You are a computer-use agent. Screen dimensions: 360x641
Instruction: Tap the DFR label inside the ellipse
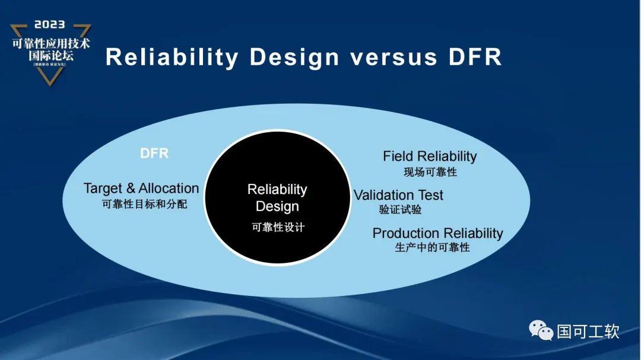pyautogui.click(x=154, y=153)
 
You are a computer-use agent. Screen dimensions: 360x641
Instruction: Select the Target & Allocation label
pyautogui.click(x=141, y=189)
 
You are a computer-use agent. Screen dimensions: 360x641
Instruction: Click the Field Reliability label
pyautogui.click(x=430, y=157)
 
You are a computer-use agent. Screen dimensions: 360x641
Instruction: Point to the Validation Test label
pyautogui.click(x=398, y=195)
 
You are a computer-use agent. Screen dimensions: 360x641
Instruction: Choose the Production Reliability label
pyautogui.click(x=437, y=233)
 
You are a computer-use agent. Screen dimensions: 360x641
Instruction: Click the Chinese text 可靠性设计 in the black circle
pyautogui.click(x=278, y=227)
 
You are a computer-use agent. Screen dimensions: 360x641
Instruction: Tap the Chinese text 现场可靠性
pyautogui.click(x=430, y=172)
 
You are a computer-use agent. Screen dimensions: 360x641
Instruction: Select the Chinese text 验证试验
pyautogui.click(x=401, y=209)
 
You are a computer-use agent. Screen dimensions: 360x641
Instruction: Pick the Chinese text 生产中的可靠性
pyautogui.click(x=432, y=247)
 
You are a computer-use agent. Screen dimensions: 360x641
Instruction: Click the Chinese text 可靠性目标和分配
pyautogui.click(x=144, y=203)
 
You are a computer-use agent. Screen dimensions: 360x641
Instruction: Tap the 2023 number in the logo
pyautogui.click(x=50, y=26)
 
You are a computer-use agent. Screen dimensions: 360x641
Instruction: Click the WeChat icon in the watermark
pyautogui.click(x=541, y=330)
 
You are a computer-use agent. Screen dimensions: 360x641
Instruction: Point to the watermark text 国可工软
pyautogui.click(x=588, y=331)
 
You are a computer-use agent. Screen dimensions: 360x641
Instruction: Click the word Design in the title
pyautogui.click(x=294, y=58)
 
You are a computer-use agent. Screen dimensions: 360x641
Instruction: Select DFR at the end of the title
pyautogui.click(x=472, y=58)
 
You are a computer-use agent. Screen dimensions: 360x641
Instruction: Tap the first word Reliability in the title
pyautogui.click(x=172, y=58)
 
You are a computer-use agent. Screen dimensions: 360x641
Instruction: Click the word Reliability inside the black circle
pyautogui.click(x=277, y=190)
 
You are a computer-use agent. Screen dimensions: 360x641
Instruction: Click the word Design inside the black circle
pyautogui.click(x=277, y=206)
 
